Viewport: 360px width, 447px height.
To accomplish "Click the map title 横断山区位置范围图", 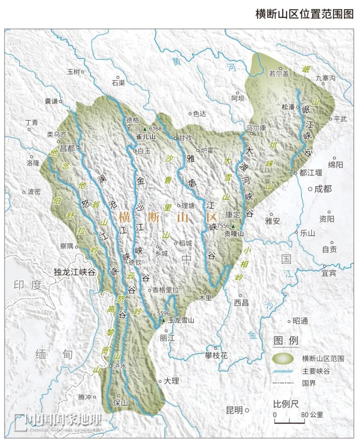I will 304,14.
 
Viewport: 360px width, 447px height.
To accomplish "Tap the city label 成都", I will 323,189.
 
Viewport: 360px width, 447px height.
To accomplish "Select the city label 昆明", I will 234,410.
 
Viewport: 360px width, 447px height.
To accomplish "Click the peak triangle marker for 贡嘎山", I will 233,226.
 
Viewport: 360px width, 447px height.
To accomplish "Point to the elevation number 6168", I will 154,129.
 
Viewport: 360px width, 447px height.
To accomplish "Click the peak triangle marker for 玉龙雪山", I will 163,320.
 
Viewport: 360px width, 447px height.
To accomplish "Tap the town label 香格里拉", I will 166,290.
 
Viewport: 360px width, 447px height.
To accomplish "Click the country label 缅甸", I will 54,354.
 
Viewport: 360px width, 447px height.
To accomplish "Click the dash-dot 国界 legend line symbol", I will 284,383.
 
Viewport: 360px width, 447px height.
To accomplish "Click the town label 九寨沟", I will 325,78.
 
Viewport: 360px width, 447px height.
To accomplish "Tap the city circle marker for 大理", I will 160,381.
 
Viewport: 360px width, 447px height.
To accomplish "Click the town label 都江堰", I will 311,173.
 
